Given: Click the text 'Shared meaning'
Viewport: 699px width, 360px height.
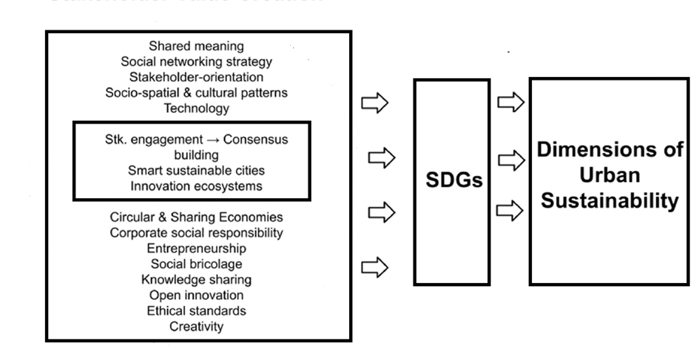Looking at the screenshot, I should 196,47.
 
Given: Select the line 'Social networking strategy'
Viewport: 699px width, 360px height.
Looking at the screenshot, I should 196,62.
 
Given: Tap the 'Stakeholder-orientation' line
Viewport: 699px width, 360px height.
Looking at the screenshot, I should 196,77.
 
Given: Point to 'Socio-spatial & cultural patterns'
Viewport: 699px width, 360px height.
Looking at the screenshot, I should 196,92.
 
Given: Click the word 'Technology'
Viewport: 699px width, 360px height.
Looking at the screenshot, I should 196,108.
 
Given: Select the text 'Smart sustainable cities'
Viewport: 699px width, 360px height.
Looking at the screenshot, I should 196,171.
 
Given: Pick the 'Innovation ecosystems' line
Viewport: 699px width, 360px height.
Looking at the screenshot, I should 196,186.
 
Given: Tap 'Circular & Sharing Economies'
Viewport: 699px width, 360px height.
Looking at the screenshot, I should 196,217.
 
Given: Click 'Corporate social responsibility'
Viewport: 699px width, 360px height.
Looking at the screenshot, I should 196,233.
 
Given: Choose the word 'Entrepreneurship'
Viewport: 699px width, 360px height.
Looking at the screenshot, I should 196,248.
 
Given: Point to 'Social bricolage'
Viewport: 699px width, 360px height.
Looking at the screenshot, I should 196,264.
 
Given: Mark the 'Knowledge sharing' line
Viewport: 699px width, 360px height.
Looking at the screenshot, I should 196,279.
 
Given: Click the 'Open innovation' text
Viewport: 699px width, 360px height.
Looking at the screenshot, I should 196,295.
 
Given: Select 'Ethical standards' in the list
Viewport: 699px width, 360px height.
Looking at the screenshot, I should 196,310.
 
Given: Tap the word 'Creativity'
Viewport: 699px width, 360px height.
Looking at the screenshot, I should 196,326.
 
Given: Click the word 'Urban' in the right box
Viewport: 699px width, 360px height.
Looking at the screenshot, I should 609,176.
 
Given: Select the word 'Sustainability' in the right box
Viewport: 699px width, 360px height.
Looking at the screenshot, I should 609,201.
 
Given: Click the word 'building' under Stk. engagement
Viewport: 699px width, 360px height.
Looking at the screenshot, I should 196,155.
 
